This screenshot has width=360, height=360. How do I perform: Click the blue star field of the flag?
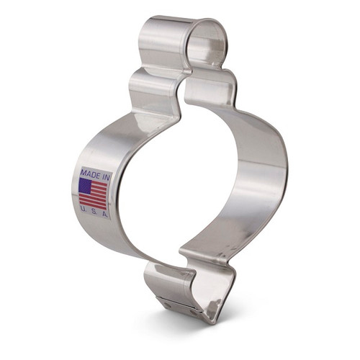coord(84,186)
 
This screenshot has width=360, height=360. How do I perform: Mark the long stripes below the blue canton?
coord(92,199)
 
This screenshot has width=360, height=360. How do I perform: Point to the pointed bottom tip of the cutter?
coord(210,318)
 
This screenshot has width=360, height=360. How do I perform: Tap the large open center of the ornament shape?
coord(180,180)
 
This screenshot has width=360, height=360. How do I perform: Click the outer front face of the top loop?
coord(158,43)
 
